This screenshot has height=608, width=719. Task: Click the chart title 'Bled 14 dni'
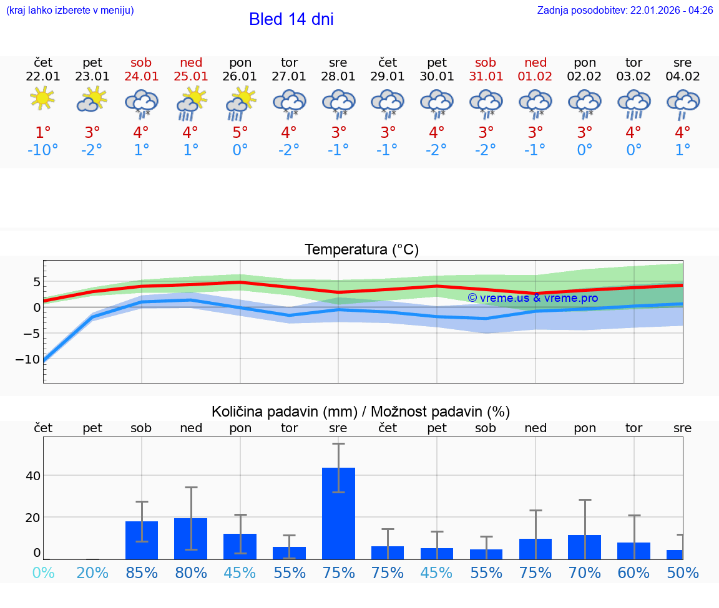point(291,19)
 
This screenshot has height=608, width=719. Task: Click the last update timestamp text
point(625,11)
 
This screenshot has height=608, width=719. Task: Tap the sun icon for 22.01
point(42,98)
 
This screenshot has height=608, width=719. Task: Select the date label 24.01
point(141,77)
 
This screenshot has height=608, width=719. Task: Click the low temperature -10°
point(42,150)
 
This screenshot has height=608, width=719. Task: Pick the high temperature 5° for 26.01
point(240,132)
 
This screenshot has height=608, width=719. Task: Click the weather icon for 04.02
point(683,103)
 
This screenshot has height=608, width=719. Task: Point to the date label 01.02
point(535,77)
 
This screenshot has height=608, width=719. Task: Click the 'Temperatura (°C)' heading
point(361,250)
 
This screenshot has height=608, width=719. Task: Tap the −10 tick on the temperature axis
point(29,359)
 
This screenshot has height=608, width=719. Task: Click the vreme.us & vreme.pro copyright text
point(532,298)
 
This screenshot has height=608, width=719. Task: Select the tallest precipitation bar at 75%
point(338,513)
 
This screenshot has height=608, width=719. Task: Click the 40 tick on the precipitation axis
point(32,476)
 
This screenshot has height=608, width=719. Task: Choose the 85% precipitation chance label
point(142,572)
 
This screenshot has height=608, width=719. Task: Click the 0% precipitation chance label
point(43,572)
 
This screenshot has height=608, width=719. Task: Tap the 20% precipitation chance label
point(92,572)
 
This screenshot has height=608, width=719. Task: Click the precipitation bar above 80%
point(190,538)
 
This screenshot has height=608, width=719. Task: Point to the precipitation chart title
point(361,412)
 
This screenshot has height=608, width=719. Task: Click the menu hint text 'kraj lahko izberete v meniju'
point(70,11)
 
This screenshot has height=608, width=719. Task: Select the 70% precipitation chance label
point(585,572)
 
